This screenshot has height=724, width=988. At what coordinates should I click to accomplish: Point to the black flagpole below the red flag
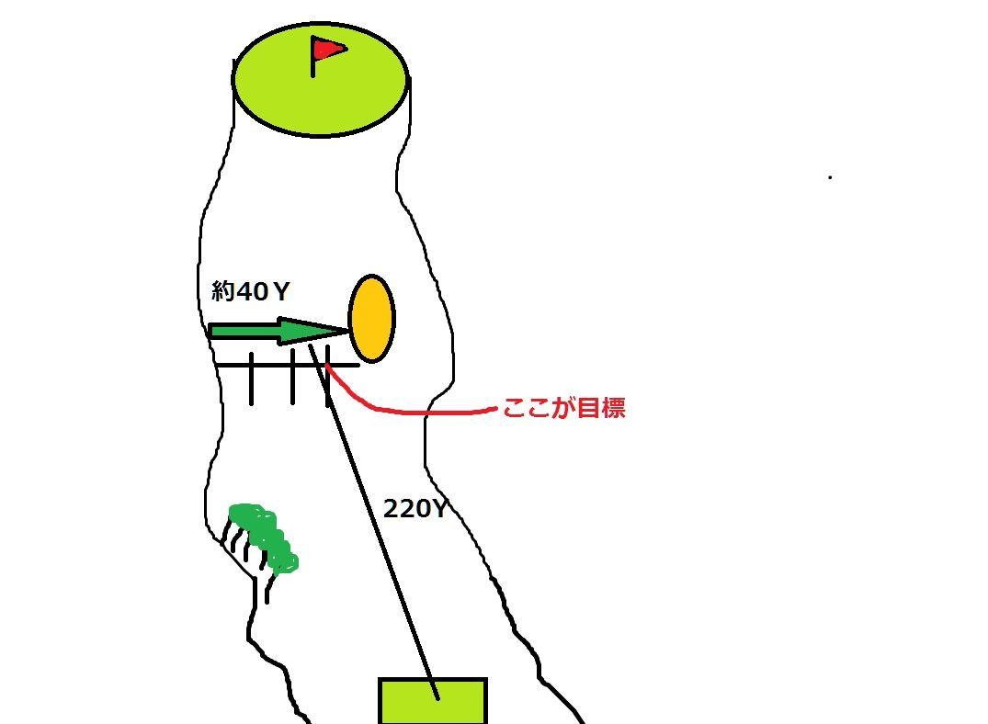tap(313, 66)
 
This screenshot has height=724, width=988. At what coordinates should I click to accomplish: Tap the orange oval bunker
tap(371, 318)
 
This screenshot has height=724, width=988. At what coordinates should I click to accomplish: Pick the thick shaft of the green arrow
tap(244, 331)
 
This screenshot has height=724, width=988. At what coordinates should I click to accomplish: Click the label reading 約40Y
tap(251, 292)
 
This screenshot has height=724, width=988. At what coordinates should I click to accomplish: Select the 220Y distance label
tap(415, 508)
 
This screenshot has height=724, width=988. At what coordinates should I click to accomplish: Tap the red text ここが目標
tap(563, 409)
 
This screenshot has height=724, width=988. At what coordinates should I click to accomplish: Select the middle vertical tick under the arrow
tap(292, 377)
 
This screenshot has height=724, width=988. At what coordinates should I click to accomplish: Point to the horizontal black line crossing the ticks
tap(276, 365)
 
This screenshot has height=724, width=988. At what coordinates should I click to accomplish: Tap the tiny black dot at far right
tap(830, 176)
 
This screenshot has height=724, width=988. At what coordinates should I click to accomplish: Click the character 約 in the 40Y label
tap(221, 292)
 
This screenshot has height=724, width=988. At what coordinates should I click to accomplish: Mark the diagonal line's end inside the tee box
tap(438, 697)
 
